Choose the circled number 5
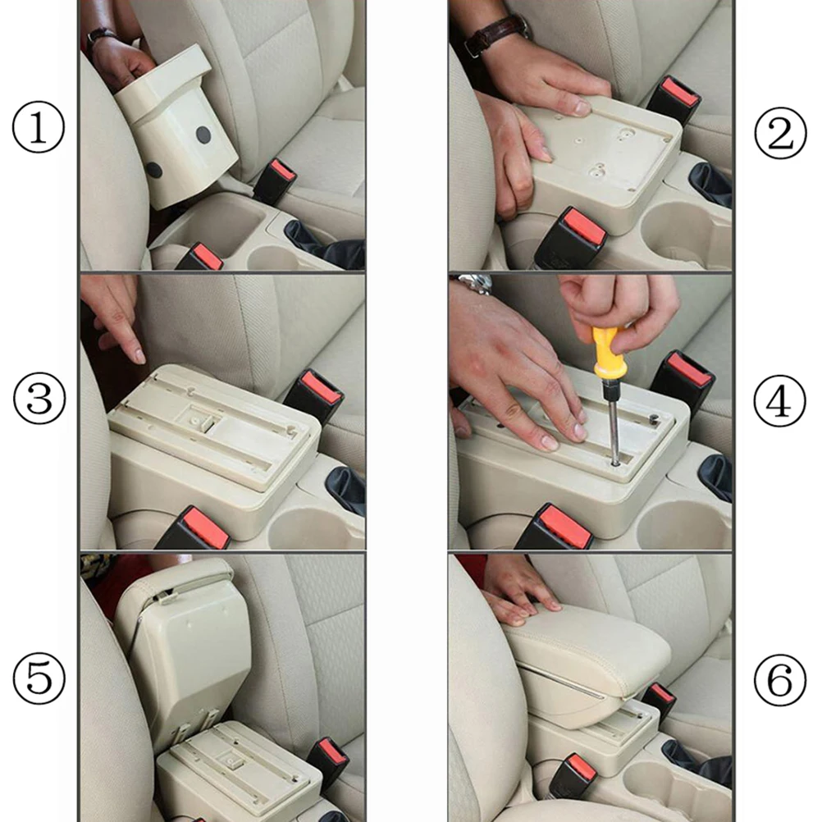point(38,679)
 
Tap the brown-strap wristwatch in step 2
point(495,35)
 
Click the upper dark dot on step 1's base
point(203,135)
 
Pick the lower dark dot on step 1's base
point(154,171)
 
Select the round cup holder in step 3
point(313,528)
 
